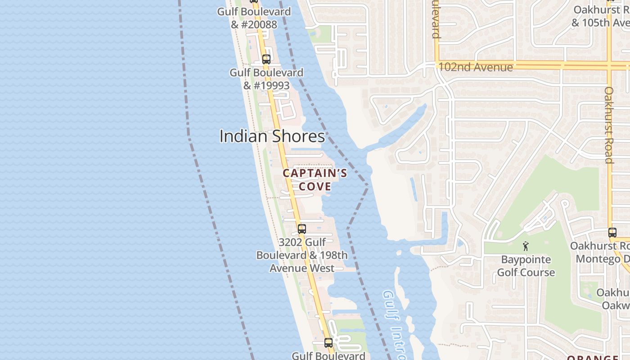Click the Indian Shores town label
(x=272, y=136)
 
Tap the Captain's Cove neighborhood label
(x=315, y=180)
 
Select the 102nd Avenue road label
(x=475, y=67)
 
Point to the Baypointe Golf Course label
(x=526, y=266)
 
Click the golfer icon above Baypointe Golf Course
(x=526, y=246)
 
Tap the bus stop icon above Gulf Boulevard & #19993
(x=266, y=59)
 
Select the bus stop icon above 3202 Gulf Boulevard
(x=301, y=229)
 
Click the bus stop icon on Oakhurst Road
(x=612, y=233)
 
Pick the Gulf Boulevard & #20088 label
(x=254, y=18)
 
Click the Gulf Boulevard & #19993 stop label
(x=266, y=79)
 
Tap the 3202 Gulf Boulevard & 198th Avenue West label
(x=302, y=255)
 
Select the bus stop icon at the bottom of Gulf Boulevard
(x=328, y=342)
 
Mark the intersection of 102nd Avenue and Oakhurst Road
(x=609, y=65)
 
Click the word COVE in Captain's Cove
(x=315, y=186)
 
